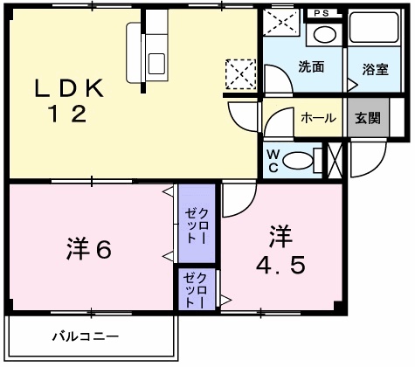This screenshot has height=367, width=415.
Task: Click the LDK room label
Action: click(x=71, y=87)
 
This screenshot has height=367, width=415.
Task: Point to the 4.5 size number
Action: click(x=280, y=264)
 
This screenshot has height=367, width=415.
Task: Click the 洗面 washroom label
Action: click(x=311, y=66)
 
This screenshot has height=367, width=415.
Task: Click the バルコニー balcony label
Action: click(x=85, y=335)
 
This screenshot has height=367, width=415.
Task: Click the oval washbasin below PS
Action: click(x=324, y=36)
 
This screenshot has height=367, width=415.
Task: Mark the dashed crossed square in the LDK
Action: click(x=239, y=73)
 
